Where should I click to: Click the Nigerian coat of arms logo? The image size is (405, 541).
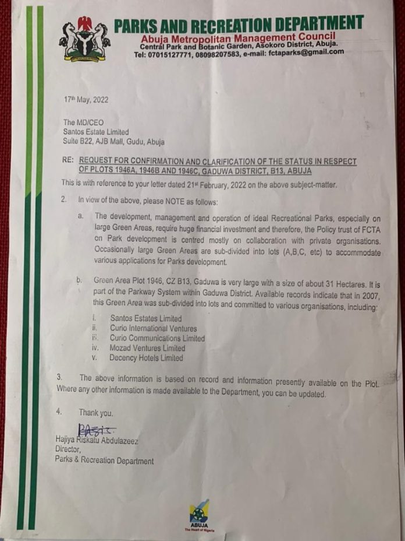pyautogui.click(x=84, y=40)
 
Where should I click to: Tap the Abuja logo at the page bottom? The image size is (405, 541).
pyautogui.click(x=199, y=514)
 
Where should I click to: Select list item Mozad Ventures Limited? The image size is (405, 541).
pyautogui.click(x=147, y=348)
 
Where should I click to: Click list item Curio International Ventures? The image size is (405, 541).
pyautogui.click(x=153, y=329)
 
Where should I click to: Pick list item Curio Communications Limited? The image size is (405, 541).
pyautogui.click(x=157, y=338)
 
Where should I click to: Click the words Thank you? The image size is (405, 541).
pyautogui.click(x=97, y=413)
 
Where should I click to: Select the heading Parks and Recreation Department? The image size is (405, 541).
pyautogui.click(x=239, y=24)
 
